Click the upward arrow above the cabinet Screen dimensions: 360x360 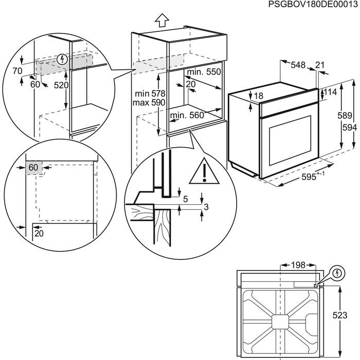pos(162,20)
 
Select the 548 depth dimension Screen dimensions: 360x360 pos(298,65)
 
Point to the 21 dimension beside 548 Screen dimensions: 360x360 pos(320,65)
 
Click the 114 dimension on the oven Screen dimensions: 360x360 pos(330,93)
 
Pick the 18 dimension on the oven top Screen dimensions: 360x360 pos(258,96)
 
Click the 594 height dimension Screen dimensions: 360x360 pos(349,128)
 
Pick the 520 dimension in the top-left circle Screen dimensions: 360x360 pos(61,85)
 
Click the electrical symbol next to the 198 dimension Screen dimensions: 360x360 pos(337,273)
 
